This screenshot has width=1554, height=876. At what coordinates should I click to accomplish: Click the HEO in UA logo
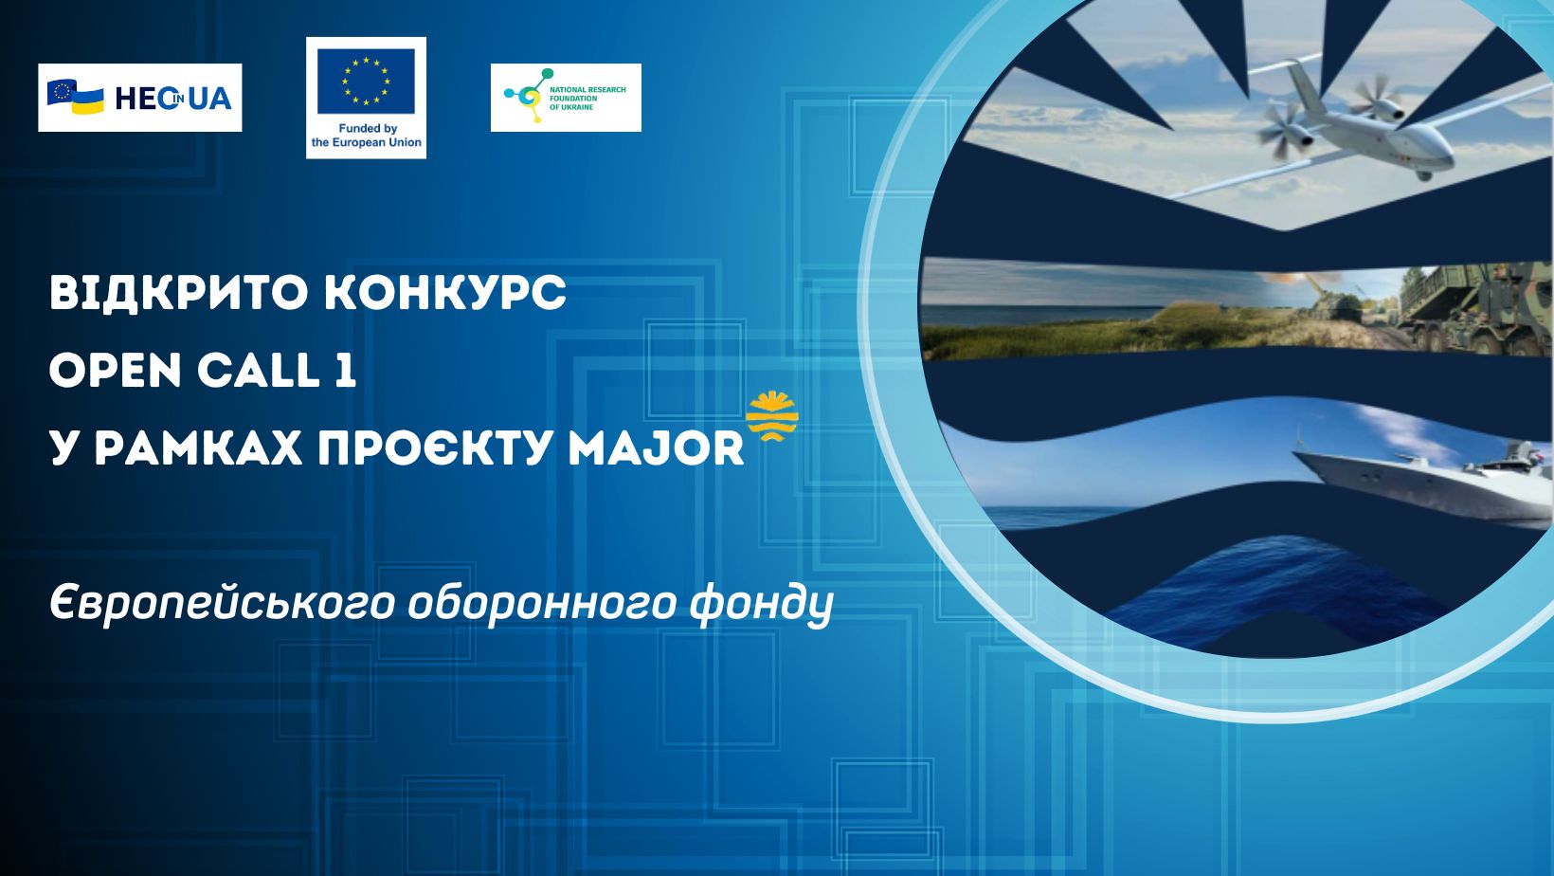140,98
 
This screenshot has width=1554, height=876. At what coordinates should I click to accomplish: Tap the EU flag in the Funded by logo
367,82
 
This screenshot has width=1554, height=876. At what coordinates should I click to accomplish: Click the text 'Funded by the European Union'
367,136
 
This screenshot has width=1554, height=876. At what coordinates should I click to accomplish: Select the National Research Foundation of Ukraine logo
566,98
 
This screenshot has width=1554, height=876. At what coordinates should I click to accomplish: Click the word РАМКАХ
198,448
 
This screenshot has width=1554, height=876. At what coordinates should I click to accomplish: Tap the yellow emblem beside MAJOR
772,416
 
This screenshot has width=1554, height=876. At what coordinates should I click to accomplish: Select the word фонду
761,604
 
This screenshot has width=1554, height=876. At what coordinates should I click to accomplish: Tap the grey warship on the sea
1422,479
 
